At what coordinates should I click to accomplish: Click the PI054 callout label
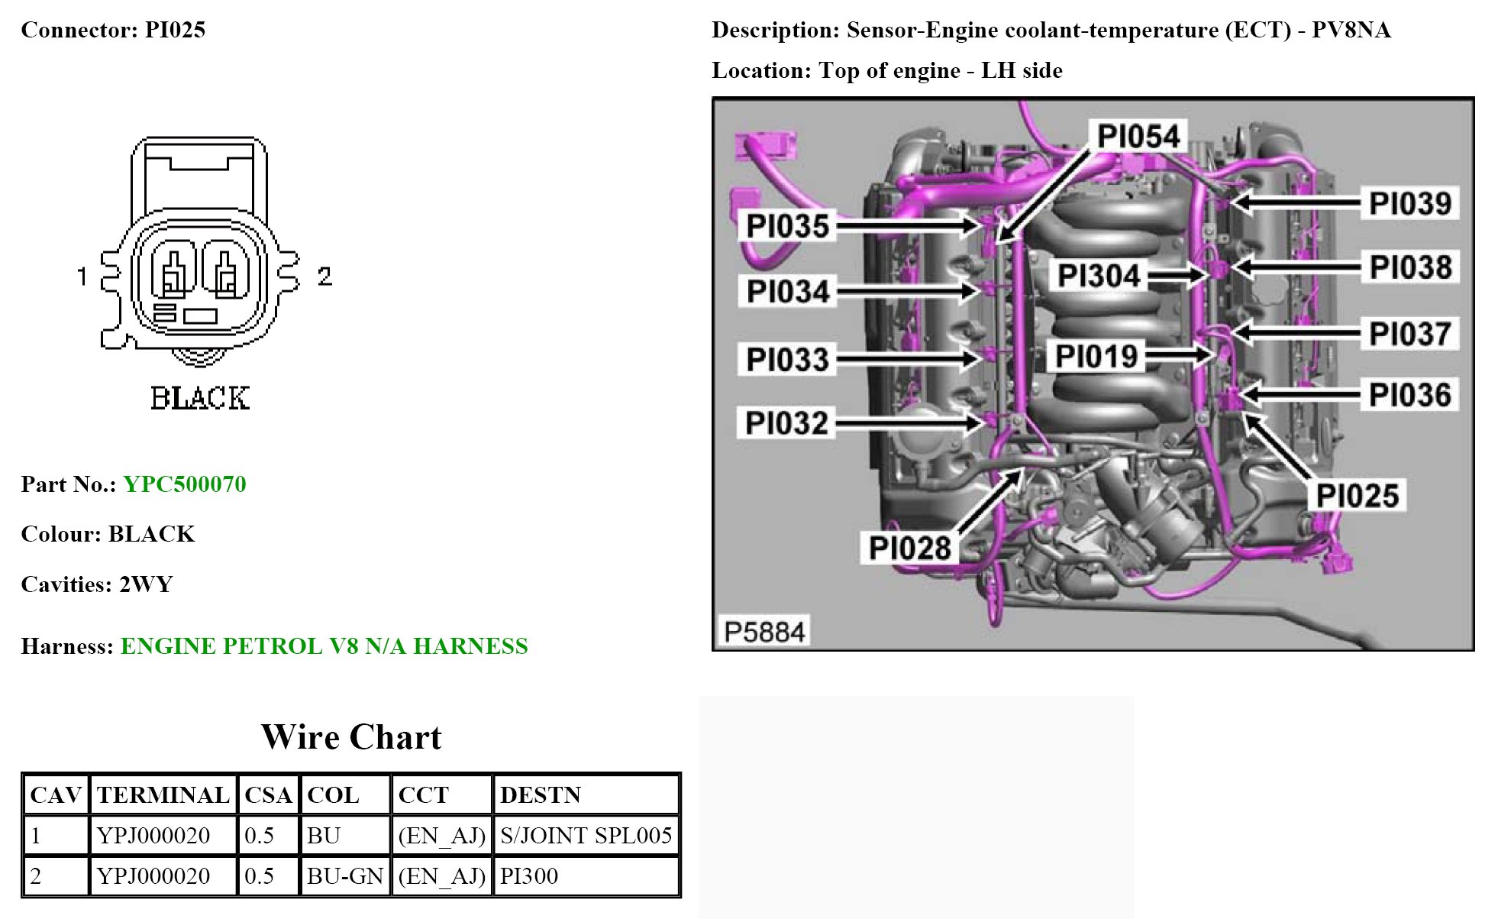coord(1138,136)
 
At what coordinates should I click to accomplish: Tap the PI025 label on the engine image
coord(1358,496)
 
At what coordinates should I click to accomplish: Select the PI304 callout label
coord(1099,276)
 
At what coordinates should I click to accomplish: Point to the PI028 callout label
coord(910,548)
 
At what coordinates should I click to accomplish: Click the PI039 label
coord(1410,203)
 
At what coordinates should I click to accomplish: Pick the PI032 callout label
coord(786,422)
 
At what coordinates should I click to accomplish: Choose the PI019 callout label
coord(1096,356)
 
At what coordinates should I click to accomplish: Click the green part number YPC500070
coord(185,484)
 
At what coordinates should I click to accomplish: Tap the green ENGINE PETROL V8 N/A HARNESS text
coord(324,646)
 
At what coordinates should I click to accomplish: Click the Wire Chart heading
coord(351,737)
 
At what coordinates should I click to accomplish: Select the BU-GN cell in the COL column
coord(345,875)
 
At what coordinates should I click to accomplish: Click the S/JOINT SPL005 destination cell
coord(586,835)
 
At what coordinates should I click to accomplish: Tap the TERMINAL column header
coord(163,794)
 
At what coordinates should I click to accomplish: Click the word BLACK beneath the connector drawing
coord(200,398)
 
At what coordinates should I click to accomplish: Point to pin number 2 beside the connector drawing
coord(324,276)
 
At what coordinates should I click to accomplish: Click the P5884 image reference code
coord(764,633)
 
